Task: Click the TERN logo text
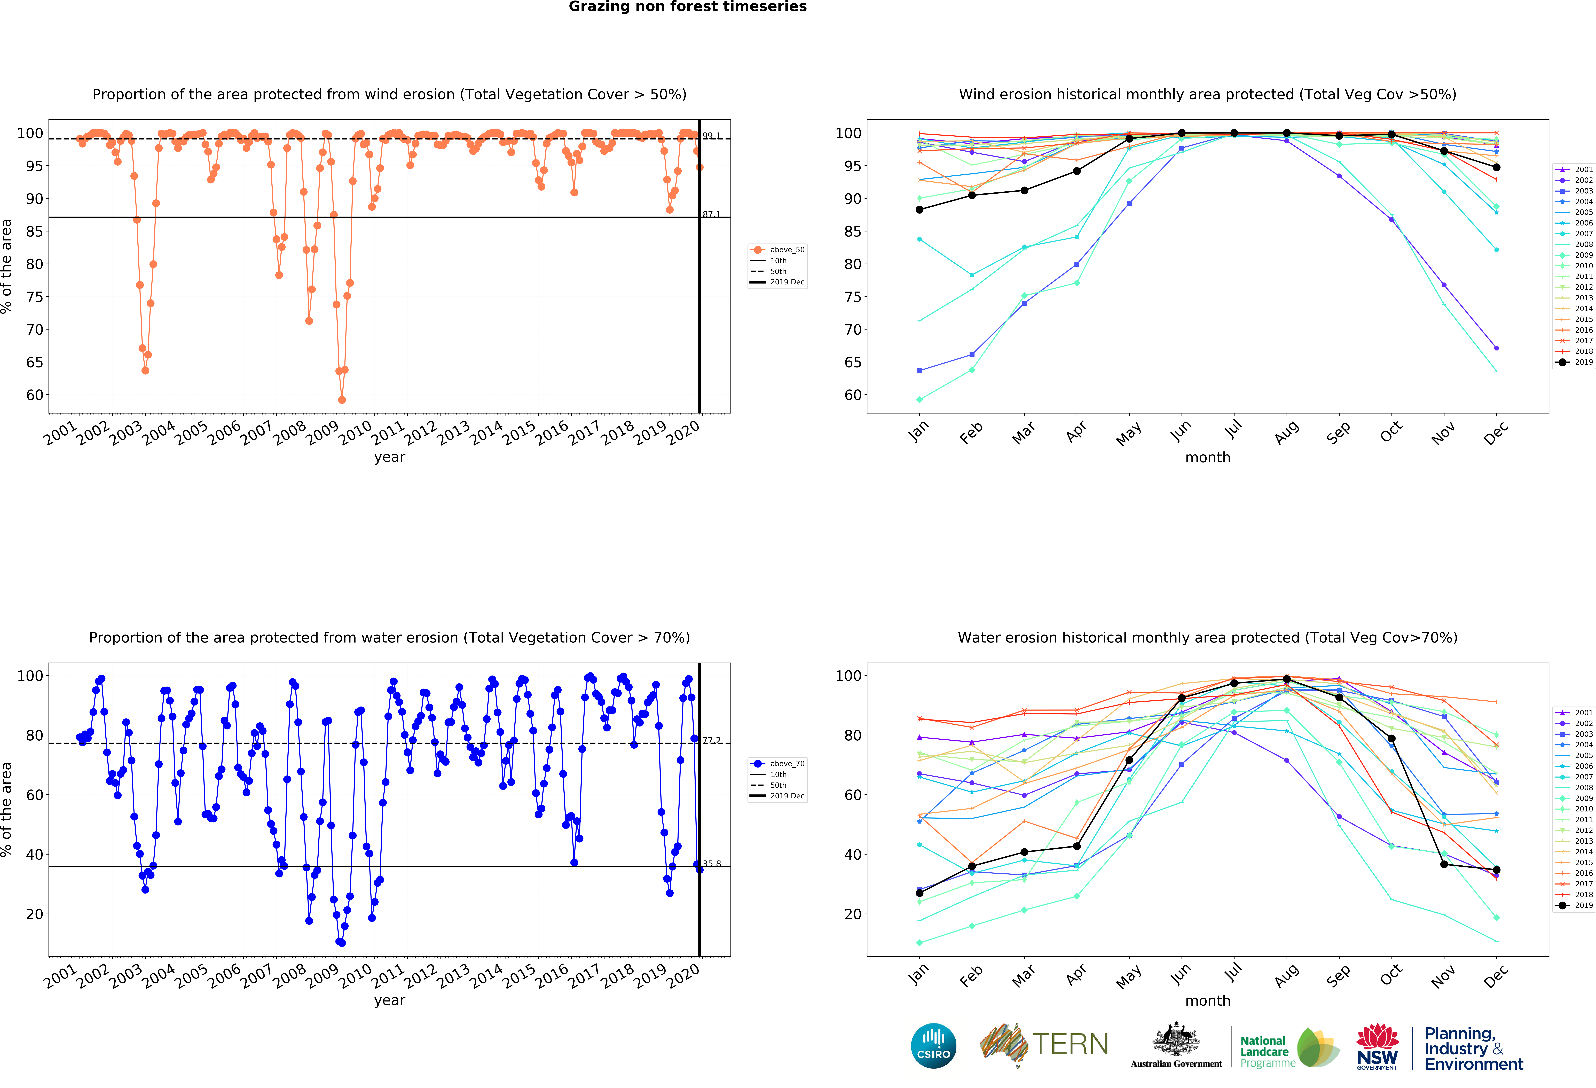tap(1070, 1044)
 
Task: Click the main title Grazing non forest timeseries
tap(687, 7)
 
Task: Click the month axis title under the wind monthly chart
tap(1207, 457)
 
